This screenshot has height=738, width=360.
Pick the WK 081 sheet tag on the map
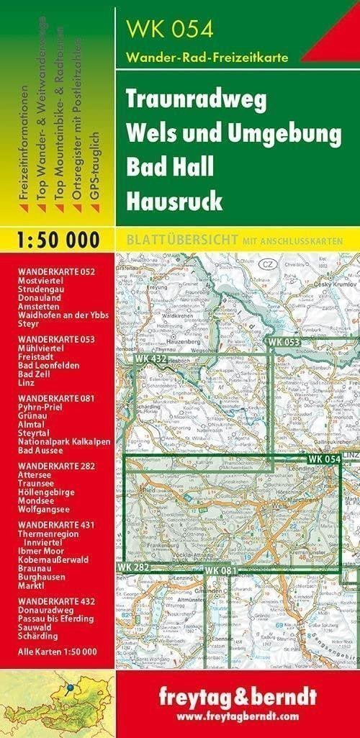click(x=220, y=571)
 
